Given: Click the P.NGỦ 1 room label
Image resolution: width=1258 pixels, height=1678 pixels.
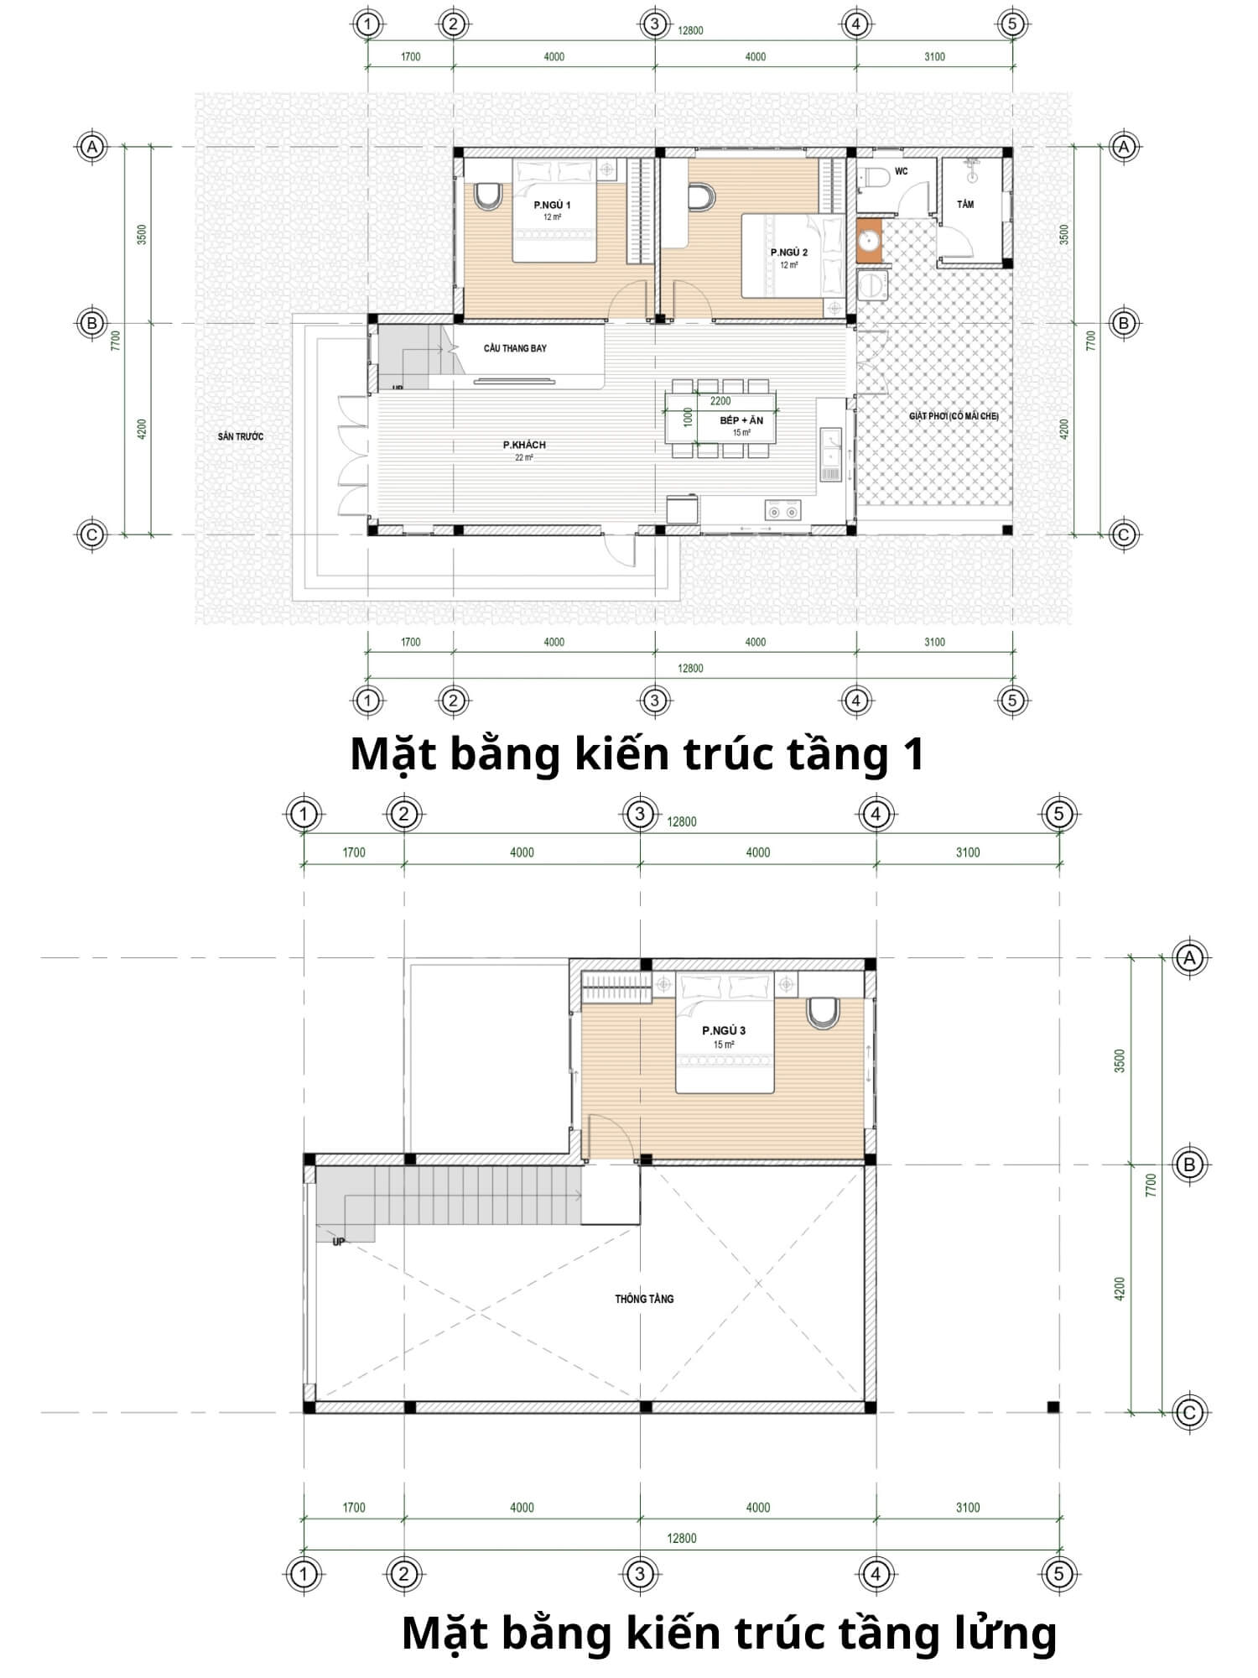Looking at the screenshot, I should (552, 205).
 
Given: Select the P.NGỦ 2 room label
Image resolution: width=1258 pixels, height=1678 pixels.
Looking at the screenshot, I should (789, 253).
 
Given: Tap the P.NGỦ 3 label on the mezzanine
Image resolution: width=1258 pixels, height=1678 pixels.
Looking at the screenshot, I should (724, 1030).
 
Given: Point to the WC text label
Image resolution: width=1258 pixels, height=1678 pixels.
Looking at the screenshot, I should (901, 171).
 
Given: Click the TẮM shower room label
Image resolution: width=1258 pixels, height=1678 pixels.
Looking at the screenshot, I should (965, 204).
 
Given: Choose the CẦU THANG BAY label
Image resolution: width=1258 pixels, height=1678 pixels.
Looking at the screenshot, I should (515, 348).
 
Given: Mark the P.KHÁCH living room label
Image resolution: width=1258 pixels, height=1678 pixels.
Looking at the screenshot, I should (524, 445).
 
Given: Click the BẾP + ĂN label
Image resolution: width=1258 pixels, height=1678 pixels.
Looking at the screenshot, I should (741, 420).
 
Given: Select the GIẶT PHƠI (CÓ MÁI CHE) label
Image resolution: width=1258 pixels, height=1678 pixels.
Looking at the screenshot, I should (954, 416).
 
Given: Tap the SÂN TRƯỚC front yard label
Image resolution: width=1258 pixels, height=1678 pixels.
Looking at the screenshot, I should (241, 436).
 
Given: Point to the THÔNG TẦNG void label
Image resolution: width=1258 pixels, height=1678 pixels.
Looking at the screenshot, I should (644, 1299).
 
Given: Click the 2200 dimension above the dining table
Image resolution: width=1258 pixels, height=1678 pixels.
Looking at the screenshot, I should (720, 401).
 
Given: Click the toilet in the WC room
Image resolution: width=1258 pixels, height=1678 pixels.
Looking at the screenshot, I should (876, 178).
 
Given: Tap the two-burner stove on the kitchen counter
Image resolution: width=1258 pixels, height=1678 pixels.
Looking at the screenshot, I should (782, 510).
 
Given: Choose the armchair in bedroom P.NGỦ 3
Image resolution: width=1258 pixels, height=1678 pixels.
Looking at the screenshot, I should (823, 1012).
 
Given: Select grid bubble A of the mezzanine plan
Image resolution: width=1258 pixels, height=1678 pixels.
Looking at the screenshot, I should (1189, 957).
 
